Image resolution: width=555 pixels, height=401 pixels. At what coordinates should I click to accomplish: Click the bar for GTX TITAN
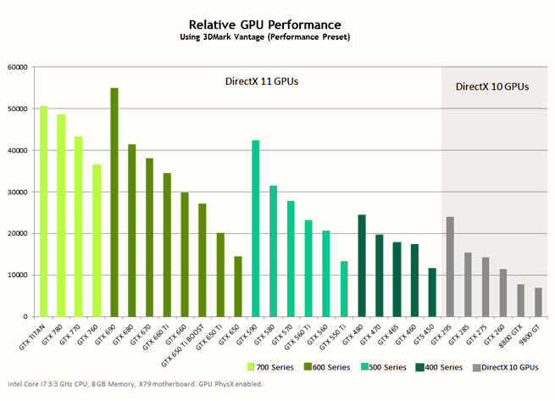(43, 211)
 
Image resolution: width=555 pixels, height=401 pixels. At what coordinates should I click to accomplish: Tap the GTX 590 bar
(255, 228)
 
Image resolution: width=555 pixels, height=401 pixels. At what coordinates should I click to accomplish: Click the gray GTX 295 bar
(449, 266)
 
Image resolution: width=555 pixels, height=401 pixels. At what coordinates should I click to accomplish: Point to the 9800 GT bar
(537, 302)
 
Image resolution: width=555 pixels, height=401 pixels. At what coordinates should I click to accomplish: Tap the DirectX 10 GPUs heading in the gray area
(492, 86)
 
